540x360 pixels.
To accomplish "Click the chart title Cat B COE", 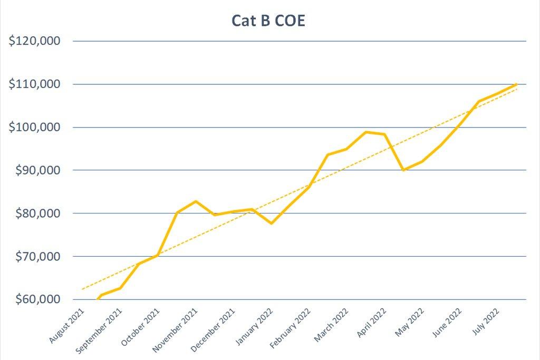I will tap(268, 21).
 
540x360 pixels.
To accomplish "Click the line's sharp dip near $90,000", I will tap(403, 170).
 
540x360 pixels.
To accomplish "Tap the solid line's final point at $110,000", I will tap(516, 84).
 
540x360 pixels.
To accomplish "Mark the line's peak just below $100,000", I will tap(366, 132).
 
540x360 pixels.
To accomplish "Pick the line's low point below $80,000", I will tap(271, 223).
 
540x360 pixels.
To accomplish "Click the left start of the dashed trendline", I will tap(82, 289).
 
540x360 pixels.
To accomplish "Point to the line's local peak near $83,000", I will tap(196, 201).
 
